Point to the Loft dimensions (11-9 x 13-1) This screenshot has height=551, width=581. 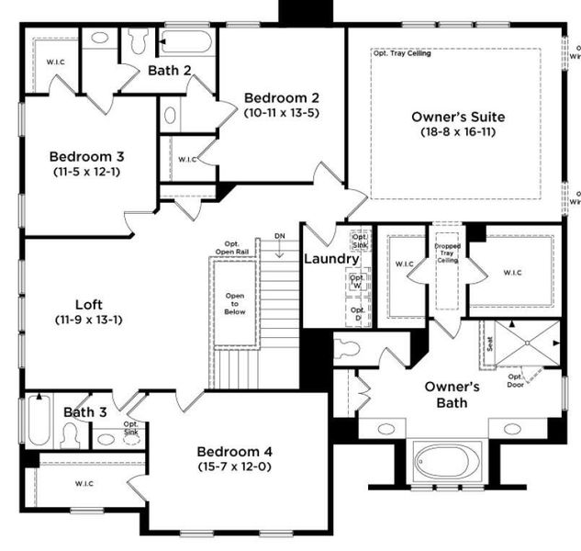pos(88,320)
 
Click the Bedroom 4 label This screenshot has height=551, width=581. pos(234,451)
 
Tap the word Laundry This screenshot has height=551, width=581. pos(331,259)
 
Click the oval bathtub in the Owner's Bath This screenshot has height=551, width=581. pos(446,458)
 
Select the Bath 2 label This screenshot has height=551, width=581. pos(170,69)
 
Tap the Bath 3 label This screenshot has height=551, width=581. pos(84,412)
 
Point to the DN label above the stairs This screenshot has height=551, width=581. pos(280,237)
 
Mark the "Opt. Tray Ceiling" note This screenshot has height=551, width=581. pos(402,53)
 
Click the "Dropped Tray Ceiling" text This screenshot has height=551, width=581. pos(447,253)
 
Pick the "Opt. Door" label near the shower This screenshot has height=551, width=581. pos(517,379)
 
